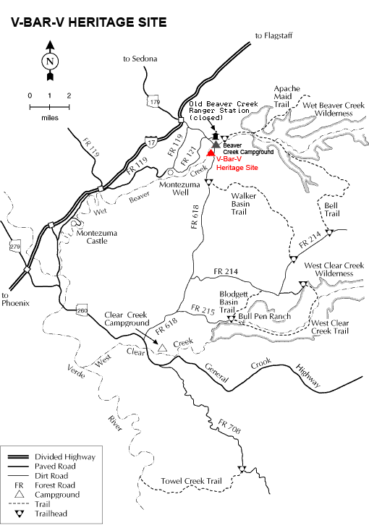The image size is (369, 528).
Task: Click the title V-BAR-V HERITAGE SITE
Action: point(88,22)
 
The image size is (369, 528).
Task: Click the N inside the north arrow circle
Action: point(49,61)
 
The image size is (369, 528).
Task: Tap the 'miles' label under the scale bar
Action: point(49,116)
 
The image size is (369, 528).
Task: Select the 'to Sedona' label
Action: point(140,58)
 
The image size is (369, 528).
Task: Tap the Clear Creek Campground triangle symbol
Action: point(163,348)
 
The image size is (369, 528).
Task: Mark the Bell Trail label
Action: point(331,209)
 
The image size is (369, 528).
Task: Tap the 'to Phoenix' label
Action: point(15,299)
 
